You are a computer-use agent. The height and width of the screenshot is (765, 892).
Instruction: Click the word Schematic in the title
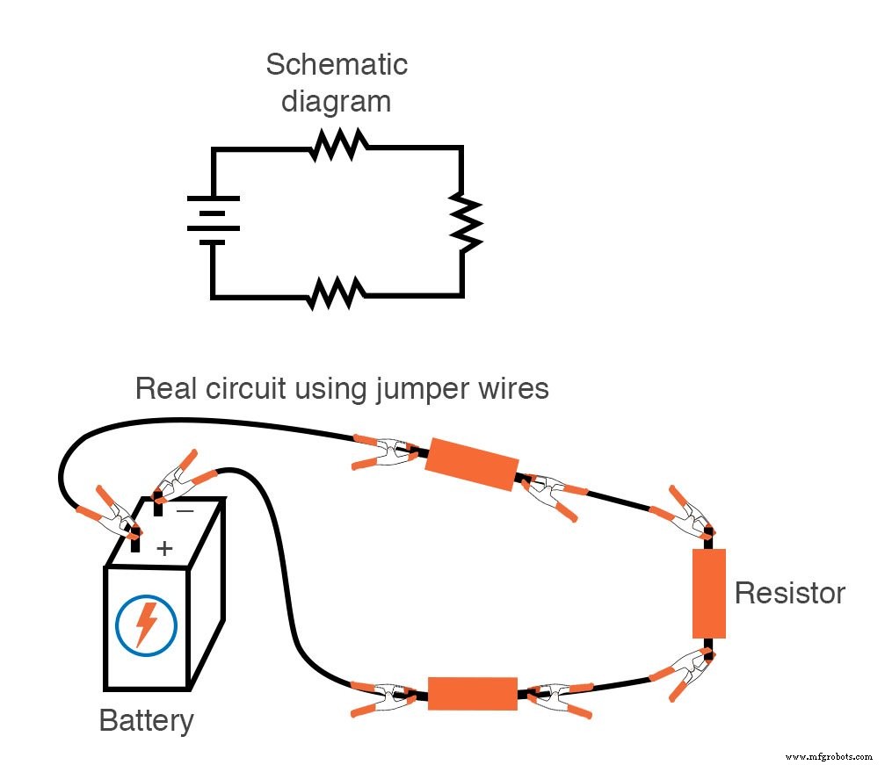[337, 64]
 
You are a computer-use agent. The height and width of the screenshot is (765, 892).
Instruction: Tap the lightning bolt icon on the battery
[146, 624]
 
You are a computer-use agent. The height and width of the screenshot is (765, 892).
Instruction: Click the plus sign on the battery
[164, 549]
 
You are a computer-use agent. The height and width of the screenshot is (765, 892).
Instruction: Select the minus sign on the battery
[185, 509]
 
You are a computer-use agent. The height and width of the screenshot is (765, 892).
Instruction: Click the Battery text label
[146, 721]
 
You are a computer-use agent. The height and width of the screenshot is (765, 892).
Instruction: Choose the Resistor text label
[789, 593]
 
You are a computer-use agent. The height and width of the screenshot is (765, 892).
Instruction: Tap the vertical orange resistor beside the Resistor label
[708, 594]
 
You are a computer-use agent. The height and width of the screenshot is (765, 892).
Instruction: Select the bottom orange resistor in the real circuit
[472, 693]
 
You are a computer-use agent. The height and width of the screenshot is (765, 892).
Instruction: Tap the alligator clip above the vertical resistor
[684, 519]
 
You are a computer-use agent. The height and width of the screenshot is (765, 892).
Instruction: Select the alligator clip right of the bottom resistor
[555, 697]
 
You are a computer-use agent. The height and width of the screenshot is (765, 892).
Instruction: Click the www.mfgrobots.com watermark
[829, 755]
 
